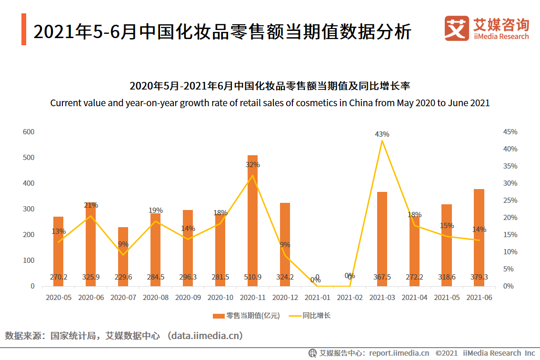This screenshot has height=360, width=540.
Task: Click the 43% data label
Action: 382,134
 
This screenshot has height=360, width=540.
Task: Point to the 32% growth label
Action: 252,165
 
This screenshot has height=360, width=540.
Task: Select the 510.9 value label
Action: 252,277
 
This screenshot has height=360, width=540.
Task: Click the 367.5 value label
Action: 382,277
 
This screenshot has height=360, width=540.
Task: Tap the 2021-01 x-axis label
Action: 317,298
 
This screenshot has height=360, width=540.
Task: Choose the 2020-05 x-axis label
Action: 58,298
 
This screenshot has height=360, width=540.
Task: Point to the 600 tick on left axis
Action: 29,132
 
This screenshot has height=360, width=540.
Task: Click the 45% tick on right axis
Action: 510,132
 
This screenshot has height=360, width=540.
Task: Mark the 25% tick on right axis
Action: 510,200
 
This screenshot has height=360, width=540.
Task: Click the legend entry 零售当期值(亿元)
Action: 246,315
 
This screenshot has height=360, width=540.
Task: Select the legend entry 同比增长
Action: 310,315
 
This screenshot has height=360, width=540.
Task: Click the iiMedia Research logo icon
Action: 456,29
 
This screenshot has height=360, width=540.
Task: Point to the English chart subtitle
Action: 270,103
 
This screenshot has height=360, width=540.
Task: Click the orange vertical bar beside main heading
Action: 23,30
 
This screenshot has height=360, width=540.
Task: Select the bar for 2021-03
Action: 382,239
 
